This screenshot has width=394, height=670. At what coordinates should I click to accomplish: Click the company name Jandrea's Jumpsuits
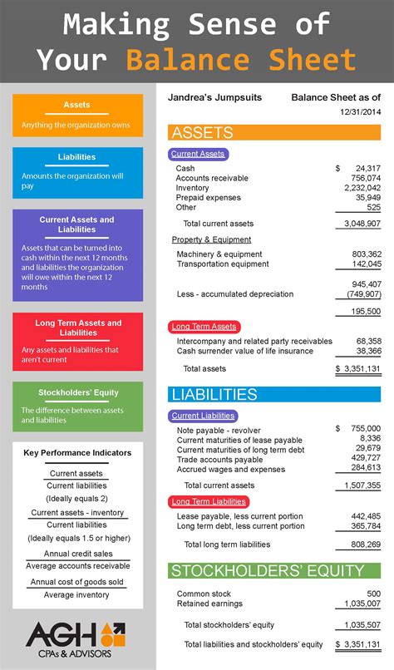pyautogui.click(x=214, y=98)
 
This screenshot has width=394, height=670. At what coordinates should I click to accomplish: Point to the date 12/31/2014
pyautogui.click(x=360, y=112)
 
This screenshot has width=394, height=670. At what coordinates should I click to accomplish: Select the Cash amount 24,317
pyautogui.click(x=367, y=169)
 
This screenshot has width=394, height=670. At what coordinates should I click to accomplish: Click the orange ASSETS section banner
pyautogui.click(x=274, y=133)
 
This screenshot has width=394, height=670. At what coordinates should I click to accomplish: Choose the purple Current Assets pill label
pyautogui.click(x=197, y=154)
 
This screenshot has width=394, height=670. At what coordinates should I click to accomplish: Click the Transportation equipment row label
pyautogui.click(x=223, y=264)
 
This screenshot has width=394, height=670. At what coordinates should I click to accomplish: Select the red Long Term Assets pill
pyautogui.click(x=204, y=327)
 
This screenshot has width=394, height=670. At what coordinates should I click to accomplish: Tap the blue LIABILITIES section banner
pyautogui.click(x=274, y=394)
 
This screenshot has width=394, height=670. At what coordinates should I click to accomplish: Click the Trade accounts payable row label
pyautogui.click(x=219, y=459)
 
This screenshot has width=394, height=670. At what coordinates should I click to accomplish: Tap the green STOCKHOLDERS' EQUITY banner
pyautogui.click(x=274, y=571)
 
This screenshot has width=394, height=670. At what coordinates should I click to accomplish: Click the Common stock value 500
pyautogui.click(x=373, y=594)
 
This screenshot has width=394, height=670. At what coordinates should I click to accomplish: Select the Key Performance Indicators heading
pyautogui.click(x=77, y=453)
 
